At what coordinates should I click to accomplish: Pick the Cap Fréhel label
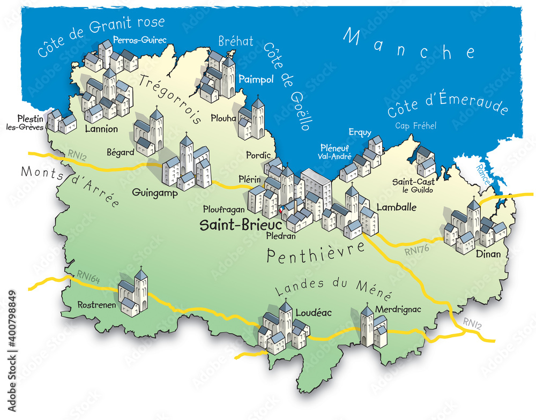coord(416,126)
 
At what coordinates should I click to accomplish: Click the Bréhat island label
coord(236,41)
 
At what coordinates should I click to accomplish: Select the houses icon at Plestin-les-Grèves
coord(61,122)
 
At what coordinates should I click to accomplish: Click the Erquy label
coord(360,132)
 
